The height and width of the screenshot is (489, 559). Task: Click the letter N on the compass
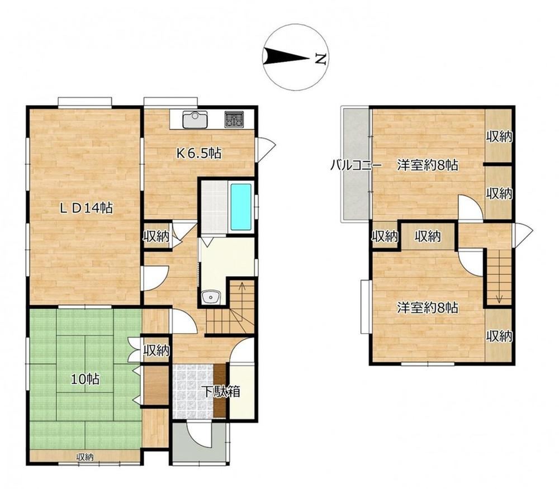[x=321, y=59]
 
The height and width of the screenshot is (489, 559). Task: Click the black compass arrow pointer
[x=286, y=56]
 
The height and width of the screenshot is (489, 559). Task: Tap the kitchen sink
[x=195, y=120]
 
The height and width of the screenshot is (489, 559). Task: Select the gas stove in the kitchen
[x=234, y=118]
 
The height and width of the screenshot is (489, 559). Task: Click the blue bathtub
[x=240, y=207]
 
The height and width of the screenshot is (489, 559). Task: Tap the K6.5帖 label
[x=200, y=153]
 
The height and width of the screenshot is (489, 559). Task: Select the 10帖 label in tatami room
[x=85, y=379]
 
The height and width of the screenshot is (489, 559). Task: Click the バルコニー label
[x=356, y=165]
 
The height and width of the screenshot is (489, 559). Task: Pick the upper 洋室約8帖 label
[x=428, y=165]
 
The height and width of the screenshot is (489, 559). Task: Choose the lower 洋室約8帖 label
[x=428, y=307]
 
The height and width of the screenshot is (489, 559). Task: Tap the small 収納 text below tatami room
[x=85, y=457]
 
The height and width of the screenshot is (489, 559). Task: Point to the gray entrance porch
[x=200, y=443]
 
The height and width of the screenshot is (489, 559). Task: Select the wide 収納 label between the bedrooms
[x=428, y=236]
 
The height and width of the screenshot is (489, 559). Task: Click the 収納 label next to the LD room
[x=156, y=236]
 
